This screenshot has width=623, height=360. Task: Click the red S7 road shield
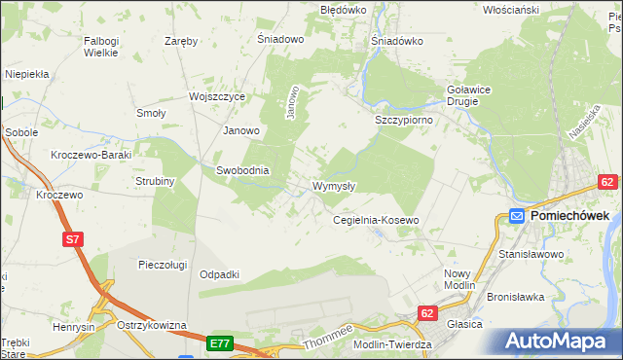click(x=73, y=238)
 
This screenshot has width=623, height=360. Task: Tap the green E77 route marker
click(x=219, y=343)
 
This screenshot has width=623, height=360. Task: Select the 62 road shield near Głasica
click(x=427, y=313)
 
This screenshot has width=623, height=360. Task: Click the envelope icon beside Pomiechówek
click(x=517, y=217)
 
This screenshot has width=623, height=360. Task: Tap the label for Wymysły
click(x=334, y=186)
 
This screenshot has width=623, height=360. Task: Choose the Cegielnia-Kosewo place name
click(x=376, y=221)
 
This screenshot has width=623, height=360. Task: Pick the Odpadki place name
click(x=219, y=274)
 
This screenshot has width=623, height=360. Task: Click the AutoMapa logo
click(x=560, y=342)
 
